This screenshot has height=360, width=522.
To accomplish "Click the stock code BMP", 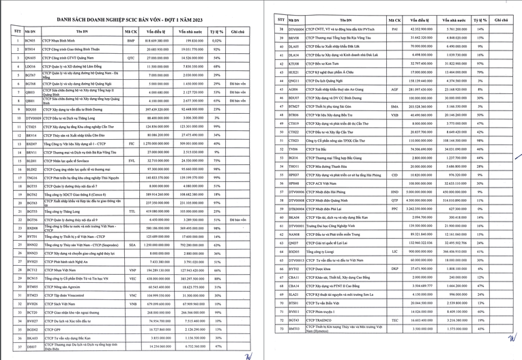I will [x=131, y=41].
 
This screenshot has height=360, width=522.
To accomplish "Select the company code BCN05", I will [x=30, y=41].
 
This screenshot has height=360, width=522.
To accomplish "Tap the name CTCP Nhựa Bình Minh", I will [x=59, y=41].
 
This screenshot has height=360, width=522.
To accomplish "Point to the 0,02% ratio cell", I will [x=216, y=41].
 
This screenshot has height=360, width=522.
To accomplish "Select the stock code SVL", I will [x=131, y=161].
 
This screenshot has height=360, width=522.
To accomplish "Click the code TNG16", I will [x=31, y=177].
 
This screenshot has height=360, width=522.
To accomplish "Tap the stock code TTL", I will [x=131, y=211].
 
